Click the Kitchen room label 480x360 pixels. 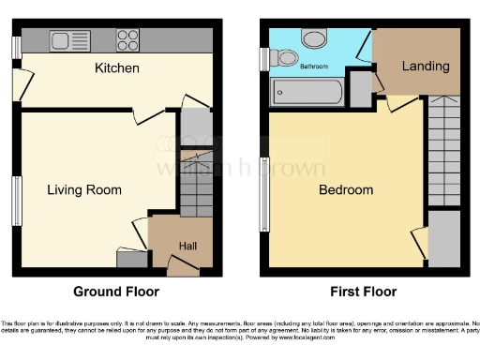(x=117, y=68)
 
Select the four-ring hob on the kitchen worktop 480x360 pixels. (x=127, y=40)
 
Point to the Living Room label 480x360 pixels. (x=84, y=190)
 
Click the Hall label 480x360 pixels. (x=187, y=246)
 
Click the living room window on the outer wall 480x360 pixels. (x=16, y=200)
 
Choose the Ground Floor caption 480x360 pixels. (x=117, y=292)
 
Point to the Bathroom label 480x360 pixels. (x=314, y=67)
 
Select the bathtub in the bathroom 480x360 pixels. (x=307, y=92)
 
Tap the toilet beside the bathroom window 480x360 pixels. (x=279, y=58)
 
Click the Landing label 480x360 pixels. (x=426, y=67)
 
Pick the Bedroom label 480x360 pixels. (x=346, y=190)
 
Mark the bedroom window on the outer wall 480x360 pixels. (x=264, y=199)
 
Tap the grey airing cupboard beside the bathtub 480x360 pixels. (x=359, y=90)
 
